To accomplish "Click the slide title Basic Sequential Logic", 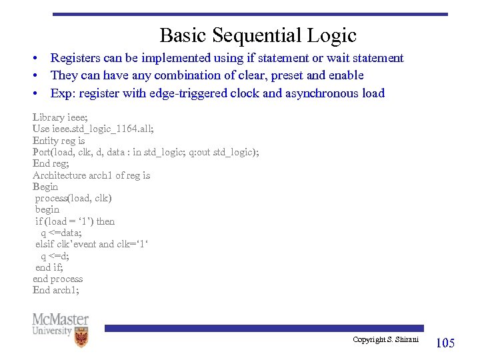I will coord(258,35).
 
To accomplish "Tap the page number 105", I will coord(445,343).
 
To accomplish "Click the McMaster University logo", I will coord(60,329).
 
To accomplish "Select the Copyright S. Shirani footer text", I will coord(385,340).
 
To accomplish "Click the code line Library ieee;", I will coord(60,117).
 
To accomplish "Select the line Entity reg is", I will coord(59,141).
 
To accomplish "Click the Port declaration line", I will coord(145,152).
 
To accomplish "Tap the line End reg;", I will coord(51,163).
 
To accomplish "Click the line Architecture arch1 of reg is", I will coord(91,175).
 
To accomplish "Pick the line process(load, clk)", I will coord(73,198).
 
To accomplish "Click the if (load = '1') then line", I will coord(75,221).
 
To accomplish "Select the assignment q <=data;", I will coord(61,233).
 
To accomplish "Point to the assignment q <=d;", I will coord(55,256).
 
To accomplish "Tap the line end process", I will coord(58,279).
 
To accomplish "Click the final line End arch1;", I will coord(55,290).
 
